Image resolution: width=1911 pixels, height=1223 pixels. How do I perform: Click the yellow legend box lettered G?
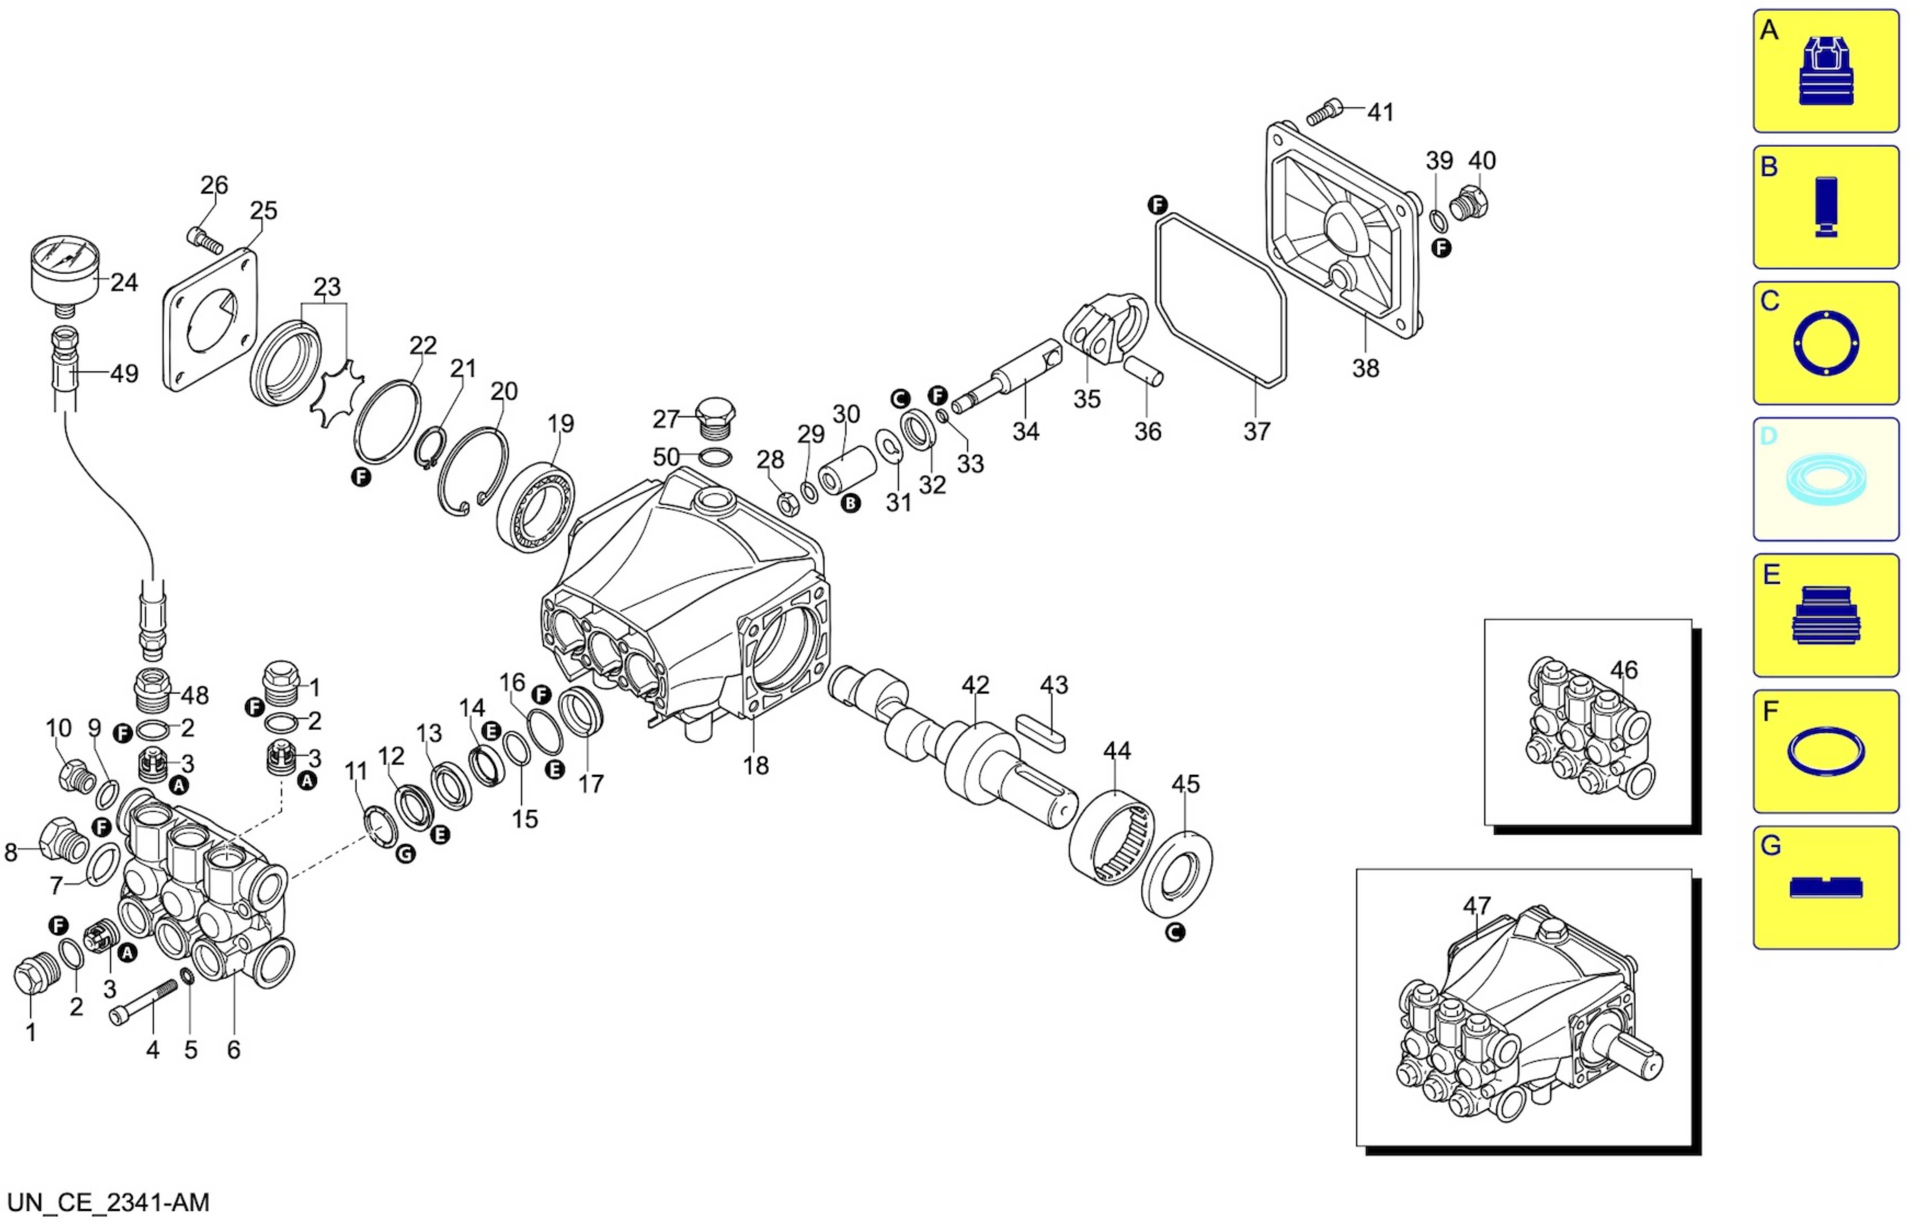(1825, 888)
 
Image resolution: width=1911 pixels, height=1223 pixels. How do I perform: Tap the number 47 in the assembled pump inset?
(1477, 905)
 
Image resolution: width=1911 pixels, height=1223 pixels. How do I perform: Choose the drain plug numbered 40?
(1469, 203)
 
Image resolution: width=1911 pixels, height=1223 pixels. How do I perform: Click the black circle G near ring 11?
(406, 854)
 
